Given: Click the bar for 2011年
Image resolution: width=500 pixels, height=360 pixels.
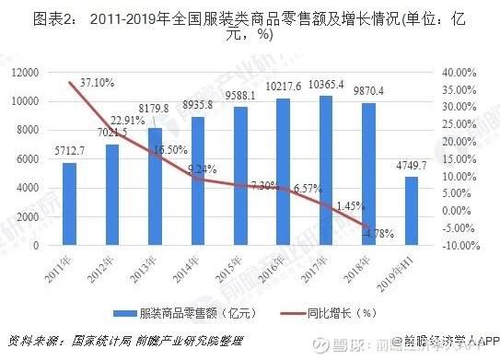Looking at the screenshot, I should pyautogui.click(x=70, y=204).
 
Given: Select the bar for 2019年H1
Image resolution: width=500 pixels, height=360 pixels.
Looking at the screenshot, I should pyautogui.click(x=411, y=211).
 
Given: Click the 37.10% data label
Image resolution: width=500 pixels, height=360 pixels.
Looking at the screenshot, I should pyautogui.click(x=97, y=83).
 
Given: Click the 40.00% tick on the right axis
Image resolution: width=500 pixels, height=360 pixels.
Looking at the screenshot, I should pyautogui.click(x=457, y=72).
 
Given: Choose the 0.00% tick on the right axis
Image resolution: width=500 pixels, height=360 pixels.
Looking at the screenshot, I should pyautogui.click(x=459, y=211).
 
